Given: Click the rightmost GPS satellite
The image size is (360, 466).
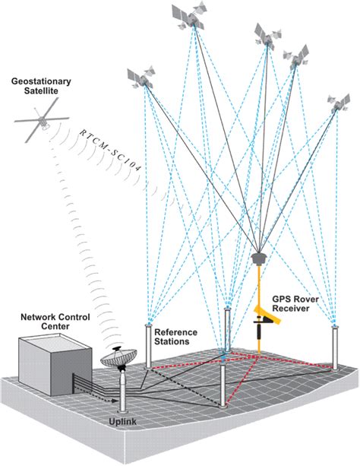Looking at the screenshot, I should click(x=339, y=103).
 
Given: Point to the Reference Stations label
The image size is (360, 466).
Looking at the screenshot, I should click(x=176, y=338).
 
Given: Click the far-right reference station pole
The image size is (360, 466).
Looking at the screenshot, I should click(x=334, y=347).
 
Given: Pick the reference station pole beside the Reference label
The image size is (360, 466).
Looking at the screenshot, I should click(x=149, y=346).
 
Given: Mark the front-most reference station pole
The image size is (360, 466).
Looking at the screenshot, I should click(x=222, y=385).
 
